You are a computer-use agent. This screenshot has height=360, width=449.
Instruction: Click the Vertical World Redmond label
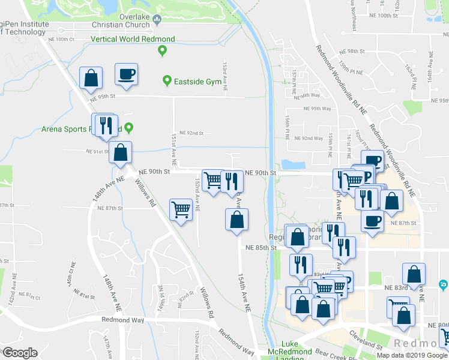[133, 39]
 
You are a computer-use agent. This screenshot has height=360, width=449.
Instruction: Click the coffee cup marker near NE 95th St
[126, 74]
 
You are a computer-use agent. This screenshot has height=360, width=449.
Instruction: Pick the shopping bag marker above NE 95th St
[91, 77]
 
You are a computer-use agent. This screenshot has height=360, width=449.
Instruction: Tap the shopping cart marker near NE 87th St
[181, 210]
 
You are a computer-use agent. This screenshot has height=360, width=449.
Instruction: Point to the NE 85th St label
[260, 247]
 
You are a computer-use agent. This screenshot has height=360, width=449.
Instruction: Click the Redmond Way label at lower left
[123, 320]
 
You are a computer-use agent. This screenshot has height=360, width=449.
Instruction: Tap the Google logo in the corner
[19, 353]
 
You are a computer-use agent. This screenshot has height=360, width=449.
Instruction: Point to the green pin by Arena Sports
[128, 128]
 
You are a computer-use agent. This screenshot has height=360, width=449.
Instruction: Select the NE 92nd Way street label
[312, 138]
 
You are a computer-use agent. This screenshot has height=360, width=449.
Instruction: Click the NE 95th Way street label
[318, 109]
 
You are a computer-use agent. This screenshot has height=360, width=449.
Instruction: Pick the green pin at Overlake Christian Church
[157, 20]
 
